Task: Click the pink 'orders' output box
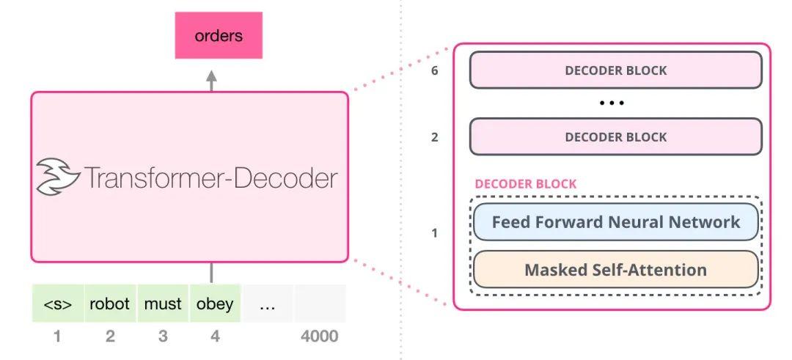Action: (x=219, y=35)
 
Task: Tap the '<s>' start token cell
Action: (x=58, y=304)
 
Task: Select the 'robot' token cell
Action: (x=110, y=304)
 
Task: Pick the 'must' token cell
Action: (x=163, y=304)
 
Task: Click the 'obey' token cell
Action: (x=215, y=304)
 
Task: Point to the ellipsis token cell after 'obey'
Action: (x=268, y=304)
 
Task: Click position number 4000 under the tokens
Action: (x=319, y=337)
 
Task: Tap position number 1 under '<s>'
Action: (x=57, y=337)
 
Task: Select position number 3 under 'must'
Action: (x=163, y=337)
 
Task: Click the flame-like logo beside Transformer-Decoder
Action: (x=58, y=177)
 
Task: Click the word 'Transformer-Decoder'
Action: (x=211, y=177)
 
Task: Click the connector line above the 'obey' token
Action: (x=211, y=273)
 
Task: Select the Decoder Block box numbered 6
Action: (x=615, y=70)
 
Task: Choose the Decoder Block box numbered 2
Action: (x=615, y=137)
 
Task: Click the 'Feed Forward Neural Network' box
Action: (x=615, y=222)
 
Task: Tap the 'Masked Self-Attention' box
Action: (x=615, y=269)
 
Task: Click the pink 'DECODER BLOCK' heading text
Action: (x=525, y=184)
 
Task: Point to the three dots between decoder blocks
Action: (x=612, y=103)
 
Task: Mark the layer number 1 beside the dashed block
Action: (x=435, y=233)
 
